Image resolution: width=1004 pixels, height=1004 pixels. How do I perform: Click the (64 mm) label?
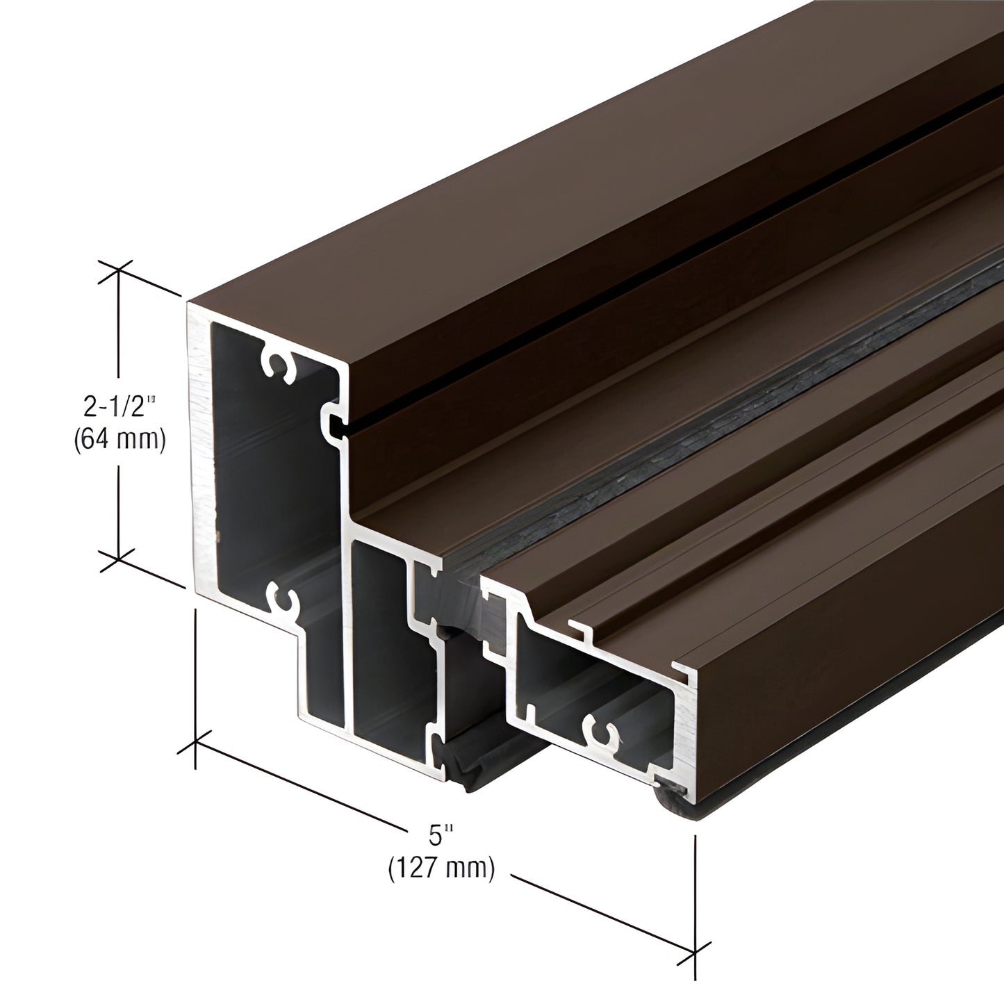[119, 441]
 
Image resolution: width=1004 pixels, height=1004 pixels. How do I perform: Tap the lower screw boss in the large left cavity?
[282, 595]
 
